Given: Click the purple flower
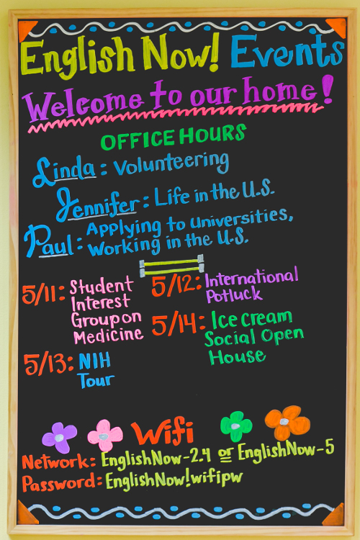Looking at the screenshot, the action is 59,437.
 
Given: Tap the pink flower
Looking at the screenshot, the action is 105,436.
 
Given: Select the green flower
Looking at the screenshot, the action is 236,426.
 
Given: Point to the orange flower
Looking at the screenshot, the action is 287,422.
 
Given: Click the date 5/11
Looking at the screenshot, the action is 43,294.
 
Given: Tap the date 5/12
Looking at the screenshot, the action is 176,285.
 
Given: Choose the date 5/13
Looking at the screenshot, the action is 48,364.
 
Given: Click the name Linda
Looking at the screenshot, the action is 64,171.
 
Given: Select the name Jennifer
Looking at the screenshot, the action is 98,205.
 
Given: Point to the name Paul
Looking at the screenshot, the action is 50,241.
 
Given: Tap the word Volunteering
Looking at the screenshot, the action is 171,163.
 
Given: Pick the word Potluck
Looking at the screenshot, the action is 234,294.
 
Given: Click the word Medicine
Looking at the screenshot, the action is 109,336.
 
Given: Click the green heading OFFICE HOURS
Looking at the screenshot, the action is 174,137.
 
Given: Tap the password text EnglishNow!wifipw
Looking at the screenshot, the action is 174,479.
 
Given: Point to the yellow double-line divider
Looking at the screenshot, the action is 171,266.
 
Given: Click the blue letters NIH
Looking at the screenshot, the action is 95,361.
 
